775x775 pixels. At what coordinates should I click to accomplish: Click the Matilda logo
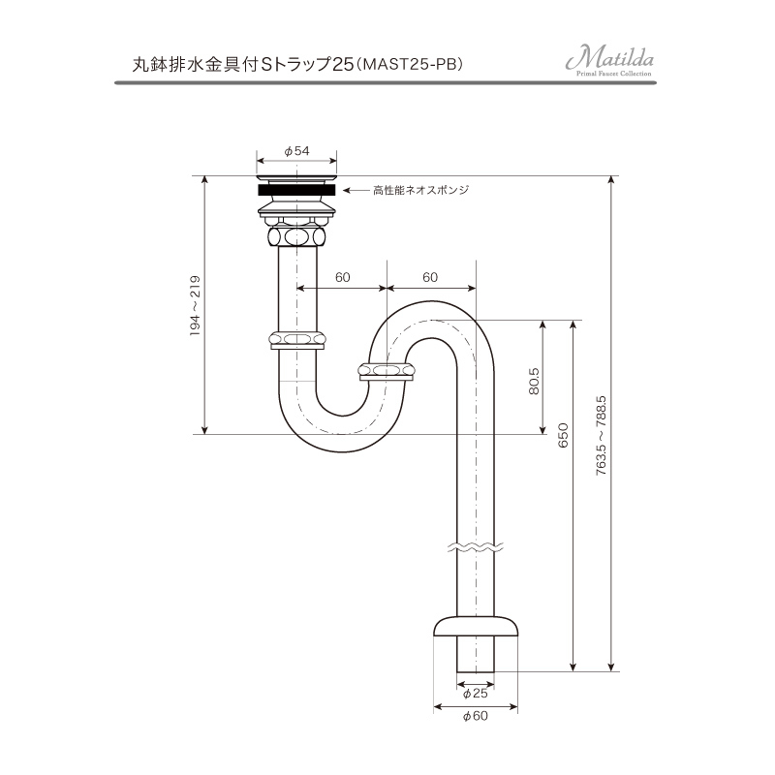[x=610, y=63]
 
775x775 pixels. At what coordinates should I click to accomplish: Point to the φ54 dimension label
[x=296, y=151]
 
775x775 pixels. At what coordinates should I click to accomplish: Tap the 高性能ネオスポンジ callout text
[x=420, y=190]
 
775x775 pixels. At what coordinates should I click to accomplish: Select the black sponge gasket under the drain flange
[x=296, y=189]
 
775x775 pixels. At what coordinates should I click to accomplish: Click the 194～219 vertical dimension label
[x=196, y=306]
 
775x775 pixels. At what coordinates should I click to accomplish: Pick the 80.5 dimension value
[x=534, y=381]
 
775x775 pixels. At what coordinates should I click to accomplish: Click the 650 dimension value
[x=563, y=435]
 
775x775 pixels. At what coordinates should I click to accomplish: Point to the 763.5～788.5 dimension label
[x=601, y=435]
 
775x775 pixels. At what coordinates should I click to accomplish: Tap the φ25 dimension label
[x=475, y=694]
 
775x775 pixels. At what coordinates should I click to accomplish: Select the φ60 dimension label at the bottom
[x=476, y=716]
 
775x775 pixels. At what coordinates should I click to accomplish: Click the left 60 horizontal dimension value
[x=343, y=277]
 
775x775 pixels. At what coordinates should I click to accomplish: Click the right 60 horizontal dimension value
[x=430, y=277]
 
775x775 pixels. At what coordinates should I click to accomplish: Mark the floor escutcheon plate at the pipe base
[x=476, y=626]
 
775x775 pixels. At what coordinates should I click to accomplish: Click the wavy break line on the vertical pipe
[x=475, y=546]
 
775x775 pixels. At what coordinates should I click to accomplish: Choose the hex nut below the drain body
[x=296, y=235]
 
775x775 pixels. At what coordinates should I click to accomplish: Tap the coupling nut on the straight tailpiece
[x=297, y=340]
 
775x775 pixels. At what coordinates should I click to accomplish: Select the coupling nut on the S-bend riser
[x=387, y=371]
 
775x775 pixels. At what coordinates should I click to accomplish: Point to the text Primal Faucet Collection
[x=614, y=74]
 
